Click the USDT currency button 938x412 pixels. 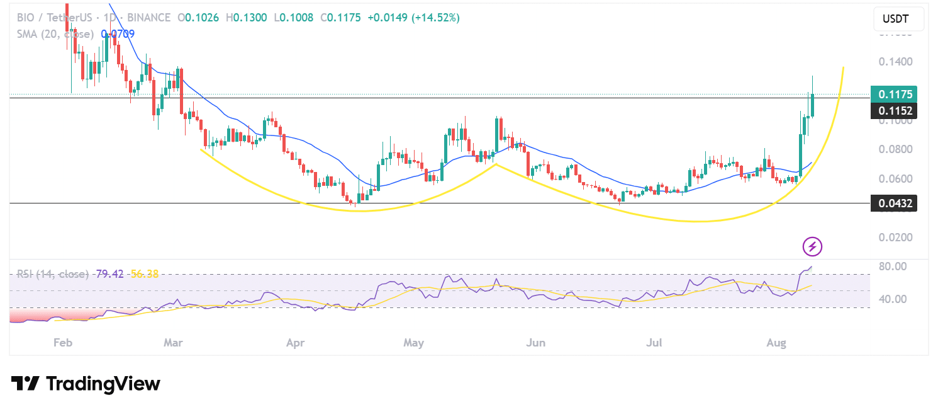[x=898, y=19]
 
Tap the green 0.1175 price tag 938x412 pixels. [x=893, y=94]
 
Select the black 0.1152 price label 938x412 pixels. [x=893, y=111]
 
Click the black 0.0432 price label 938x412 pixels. [x=893, y=203]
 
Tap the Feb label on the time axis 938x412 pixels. [x=62, y=343]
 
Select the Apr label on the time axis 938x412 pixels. [x=295, y=343]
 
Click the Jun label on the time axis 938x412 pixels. [x=535, y=343]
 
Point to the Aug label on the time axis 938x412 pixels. [x=776, y=343]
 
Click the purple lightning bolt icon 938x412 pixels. [x=812, y=246]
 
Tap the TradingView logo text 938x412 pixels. [x=86, y=384]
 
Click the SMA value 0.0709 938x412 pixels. [x=118, y=33]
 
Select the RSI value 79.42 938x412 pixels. [x=109, y=274]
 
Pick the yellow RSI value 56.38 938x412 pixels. [x=144, y=274]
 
